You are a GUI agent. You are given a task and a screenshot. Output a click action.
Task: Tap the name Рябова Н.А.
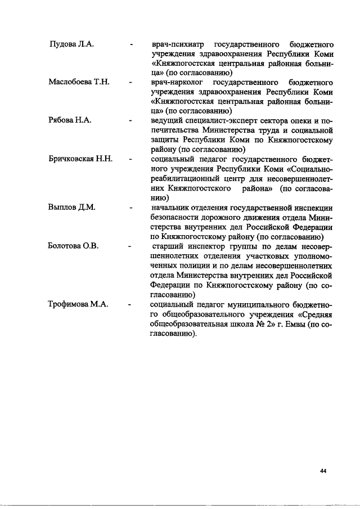click(x=69, y=121)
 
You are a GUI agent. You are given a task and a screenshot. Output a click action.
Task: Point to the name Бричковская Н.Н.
click(x=81, y=159)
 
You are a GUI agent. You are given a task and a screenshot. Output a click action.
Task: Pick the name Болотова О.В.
click(x=73, y=246)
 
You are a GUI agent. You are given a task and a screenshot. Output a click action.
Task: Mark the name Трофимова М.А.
click(x=78, y=304)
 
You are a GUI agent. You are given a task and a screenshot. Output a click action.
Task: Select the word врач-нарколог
click(x=175, y=83)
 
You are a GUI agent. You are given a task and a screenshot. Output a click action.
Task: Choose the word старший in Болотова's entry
click(x=169, y=246)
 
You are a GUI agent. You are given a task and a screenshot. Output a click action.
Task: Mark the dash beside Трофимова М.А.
click(x=130, y=304)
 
